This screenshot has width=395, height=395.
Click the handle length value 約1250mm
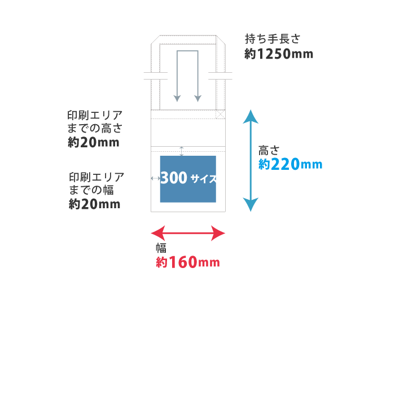(x=279, y=54)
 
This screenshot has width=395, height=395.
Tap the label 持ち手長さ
(x=273, y=39)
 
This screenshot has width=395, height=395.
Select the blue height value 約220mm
(x=290, y=164)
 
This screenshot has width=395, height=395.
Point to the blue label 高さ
(x=269, y=151)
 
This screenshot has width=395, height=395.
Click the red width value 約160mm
(x=188, y=262)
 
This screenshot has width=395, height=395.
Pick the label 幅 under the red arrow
(x=161, y=248)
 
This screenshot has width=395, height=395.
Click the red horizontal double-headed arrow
(x=188, y=233)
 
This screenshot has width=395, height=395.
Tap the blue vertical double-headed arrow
(x=251, y=160)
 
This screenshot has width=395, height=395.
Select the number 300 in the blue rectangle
(x=174, y=178)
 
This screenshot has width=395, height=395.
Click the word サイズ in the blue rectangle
(x=203, y=179)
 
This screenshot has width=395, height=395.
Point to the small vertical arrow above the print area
(x=182, y=151)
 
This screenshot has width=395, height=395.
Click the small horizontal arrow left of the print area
(x=155, y=178)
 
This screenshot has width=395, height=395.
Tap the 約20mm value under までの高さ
(x=94, y=142)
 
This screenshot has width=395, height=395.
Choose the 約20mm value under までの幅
(x=94, y=204)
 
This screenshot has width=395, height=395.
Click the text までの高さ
(x=95, y=128)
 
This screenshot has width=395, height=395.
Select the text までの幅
(x=91, y=190)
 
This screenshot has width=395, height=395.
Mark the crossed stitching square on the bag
(x=221, y=114)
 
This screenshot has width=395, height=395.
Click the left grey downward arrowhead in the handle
(x=177, y=99)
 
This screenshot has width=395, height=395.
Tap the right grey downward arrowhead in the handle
(x=198, y=99)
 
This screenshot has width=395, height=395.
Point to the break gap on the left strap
(x=155, y=76)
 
